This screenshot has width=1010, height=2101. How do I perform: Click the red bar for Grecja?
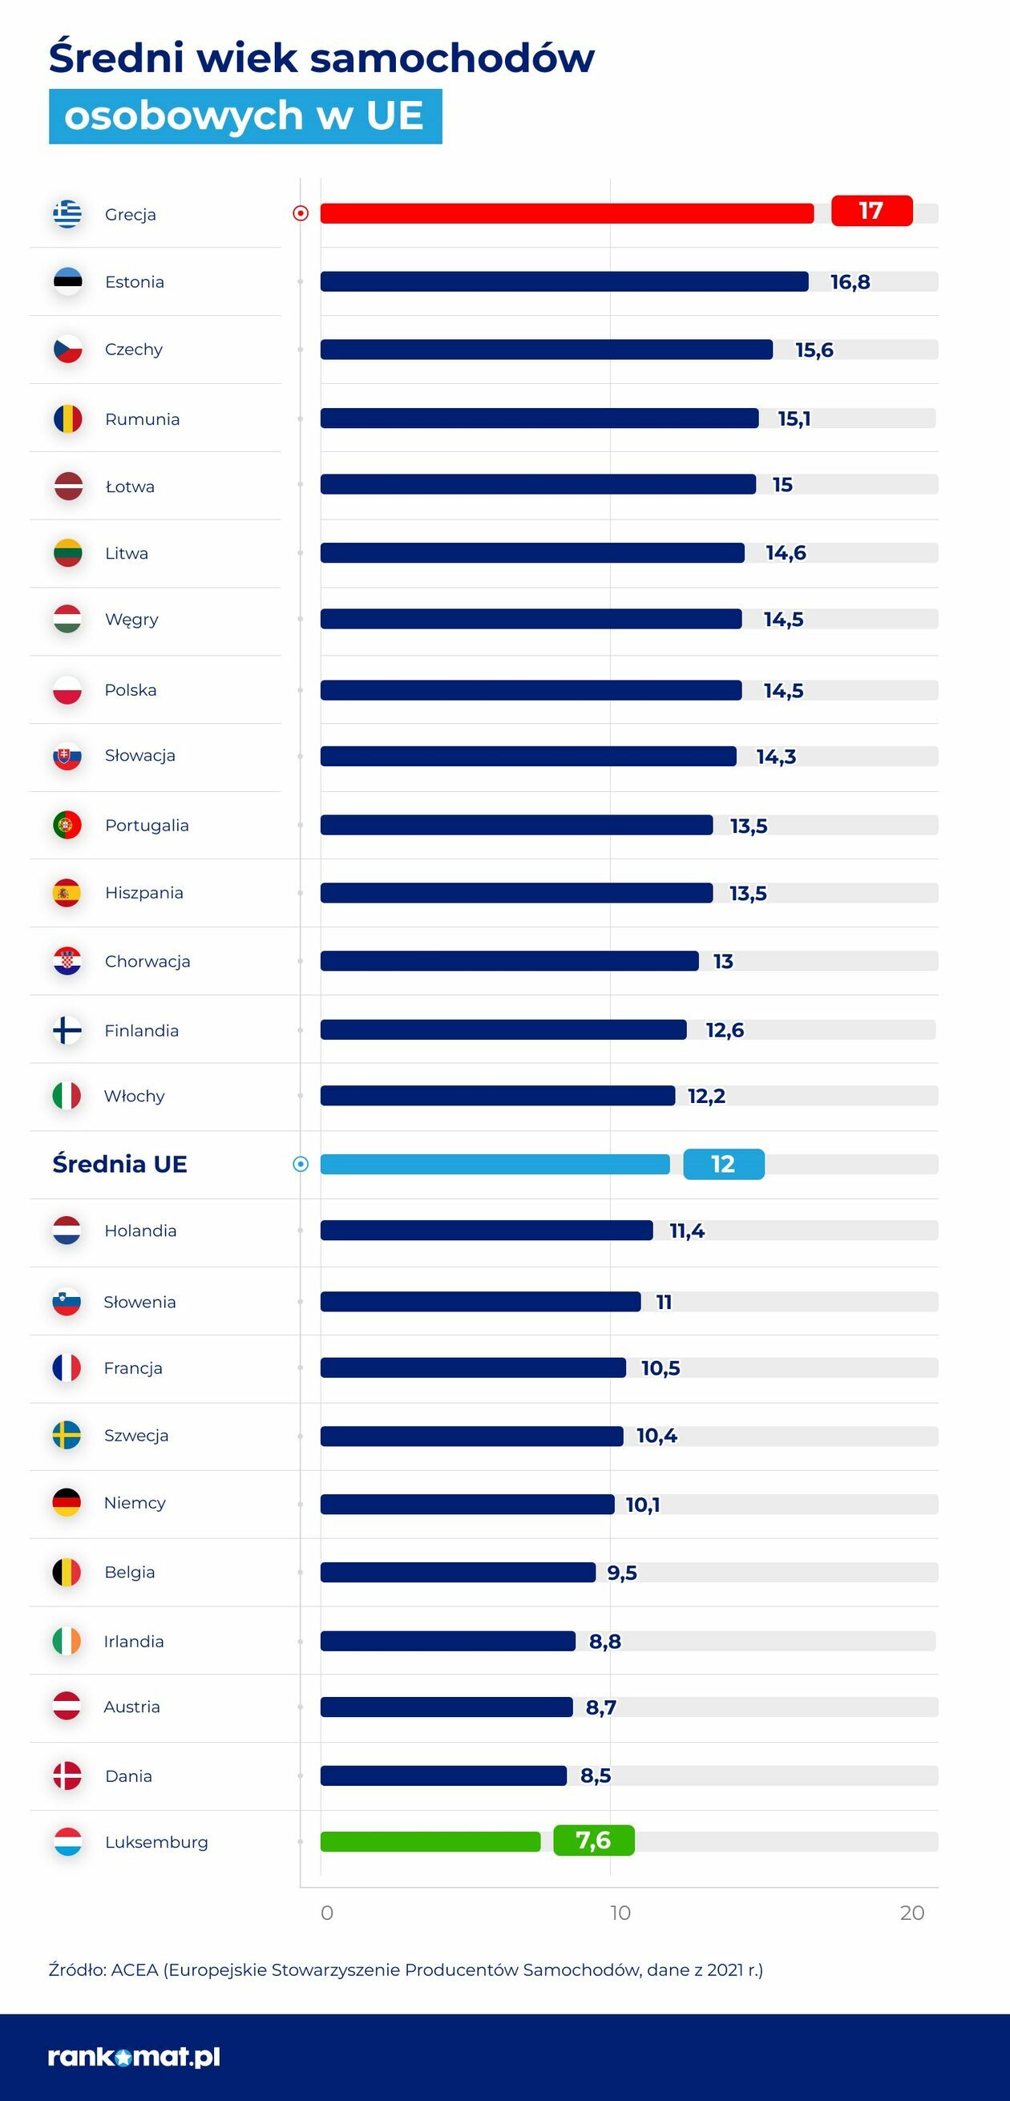point(567,214)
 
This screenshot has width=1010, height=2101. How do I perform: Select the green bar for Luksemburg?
point(430,1841)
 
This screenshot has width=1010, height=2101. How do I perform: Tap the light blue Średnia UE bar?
point(495,1165)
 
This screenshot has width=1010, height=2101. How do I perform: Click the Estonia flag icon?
point(67,282)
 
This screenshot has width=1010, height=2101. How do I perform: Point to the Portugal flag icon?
point(67,826)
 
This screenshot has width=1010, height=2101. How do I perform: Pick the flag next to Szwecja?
point(67,1436)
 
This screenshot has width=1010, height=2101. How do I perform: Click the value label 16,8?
point(850,282)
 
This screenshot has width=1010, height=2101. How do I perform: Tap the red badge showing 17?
point(871,212)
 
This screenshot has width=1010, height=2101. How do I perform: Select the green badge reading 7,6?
point(593,1840)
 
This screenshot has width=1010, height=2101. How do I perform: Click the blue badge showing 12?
point(724,1164)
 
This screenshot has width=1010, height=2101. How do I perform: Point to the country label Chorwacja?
point(147,962)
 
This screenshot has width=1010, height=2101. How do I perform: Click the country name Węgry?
point(131,620)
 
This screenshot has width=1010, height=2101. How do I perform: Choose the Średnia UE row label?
point(120,1164)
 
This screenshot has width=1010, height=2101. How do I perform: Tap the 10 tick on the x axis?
point(620,1913)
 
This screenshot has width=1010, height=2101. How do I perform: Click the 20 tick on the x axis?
point(912,1913)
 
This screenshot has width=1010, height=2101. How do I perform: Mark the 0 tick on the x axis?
point(327,1913)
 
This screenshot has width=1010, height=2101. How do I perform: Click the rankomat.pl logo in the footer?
point(134,2057)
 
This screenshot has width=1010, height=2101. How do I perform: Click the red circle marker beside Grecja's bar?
point(301,214)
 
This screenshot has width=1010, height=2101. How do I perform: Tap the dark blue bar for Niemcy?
point(467,1504)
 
